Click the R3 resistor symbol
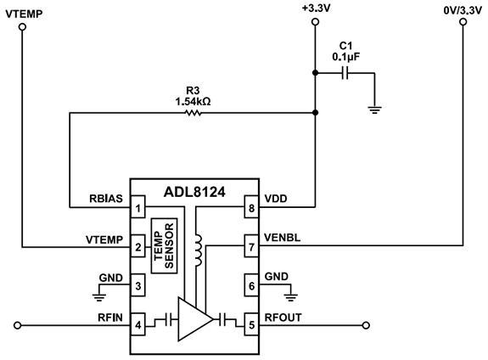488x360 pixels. tap(194, 110)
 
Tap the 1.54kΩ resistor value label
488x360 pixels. tap(193, 101)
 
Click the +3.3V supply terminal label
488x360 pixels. tap(315, 8)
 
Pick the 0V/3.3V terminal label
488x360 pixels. tap(463, 8)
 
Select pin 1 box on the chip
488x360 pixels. tap(137, 207)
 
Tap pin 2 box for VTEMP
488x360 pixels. tap(137, 247)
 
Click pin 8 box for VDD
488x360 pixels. tap(251, 207)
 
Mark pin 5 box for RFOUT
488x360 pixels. tap(251, 323)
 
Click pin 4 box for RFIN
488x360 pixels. tap(137, 323)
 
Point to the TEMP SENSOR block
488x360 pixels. tap(164, 246)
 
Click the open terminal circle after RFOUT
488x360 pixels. tap(367, 323)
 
